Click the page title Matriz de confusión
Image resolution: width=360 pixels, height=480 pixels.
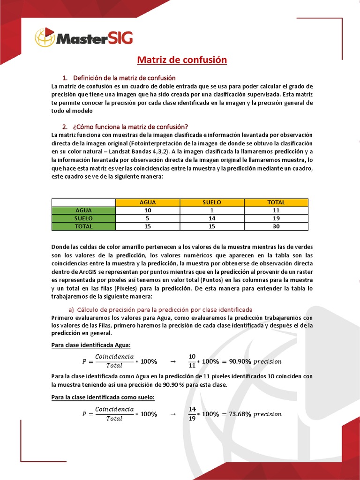click(182, 60)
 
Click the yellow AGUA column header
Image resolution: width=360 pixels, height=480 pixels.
click(148, 202)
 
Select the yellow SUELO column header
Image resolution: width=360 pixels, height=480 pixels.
click(212, 202)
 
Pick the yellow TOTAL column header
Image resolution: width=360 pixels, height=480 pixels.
click(276, 202)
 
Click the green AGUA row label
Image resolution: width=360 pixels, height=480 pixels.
click(83, 210)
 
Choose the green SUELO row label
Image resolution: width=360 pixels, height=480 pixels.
click(83, 218)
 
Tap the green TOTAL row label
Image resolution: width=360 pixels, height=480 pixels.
click(83, 226)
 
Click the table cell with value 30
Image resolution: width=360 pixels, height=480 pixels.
click(276, 226)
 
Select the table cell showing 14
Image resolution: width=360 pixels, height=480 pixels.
click(212, 218)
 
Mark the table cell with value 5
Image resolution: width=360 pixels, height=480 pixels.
click(148, 218)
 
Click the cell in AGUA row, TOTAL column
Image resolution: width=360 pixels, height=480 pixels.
click(276, 210)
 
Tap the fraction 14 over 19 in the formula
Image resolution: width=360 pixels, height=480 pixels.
click(192, 414)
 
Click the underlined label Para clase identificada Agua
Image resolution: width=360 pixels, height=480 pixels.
click(90, 345)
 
